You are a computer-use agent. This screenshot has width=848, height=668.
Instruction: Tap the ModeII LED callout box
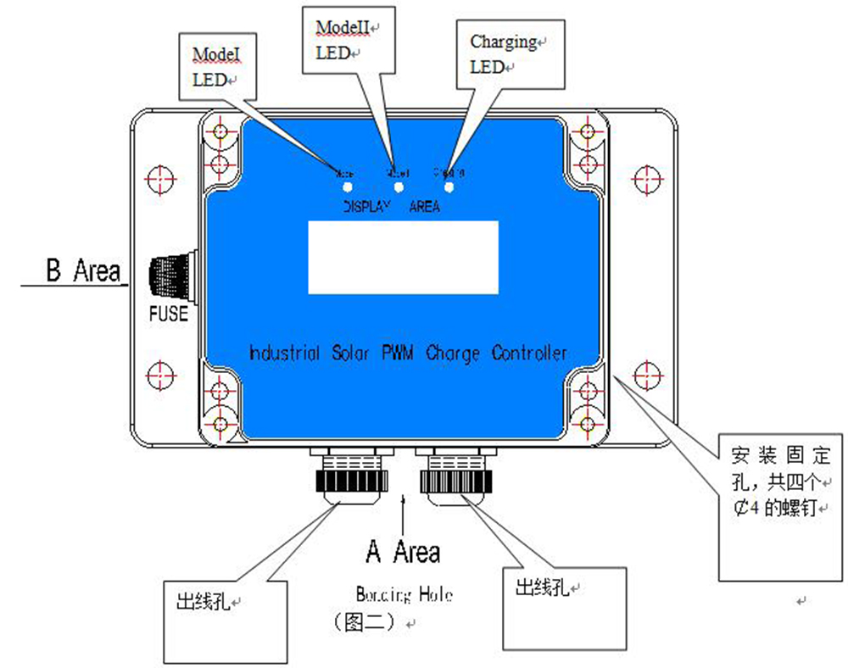coord(349,40)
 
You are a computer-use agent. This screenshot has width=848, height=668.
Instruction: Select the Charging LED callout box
coord(507,54)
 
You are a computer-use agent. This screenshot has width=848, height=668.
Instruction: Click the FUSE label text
coord(168,314)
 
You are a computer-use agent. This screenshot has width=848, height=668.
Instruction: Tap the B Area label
coord(82,271)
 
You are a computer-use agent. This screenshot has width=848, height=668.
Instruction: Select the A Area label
coord(403,552)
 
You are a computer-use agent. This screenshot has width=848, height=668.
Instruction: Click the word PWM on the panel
coord(397,353)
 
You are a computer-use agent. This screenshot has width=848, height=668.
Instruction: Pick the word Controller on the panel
coord(529,353)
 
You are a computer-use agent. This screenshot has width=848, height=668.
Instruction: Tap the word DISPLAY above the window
coord(366,207)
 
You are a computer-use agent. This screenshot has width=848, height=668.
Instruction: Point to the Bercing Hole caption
coord(404,595)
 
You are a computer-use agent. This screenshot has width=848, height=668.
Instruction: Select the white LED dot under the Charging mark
coord(449,186)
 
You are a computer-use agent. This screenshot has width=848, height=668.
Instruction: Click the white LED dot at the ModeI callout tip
coord(347,186)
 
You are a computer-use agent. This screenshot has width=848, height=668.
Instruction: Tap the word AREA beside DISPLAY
coord(424,207)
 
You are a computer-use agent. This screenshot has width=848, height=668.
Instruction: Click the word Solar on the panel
coord(350,353)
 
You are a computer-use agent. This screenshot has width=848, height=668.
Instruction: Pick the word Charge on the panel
coord(454,353)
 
